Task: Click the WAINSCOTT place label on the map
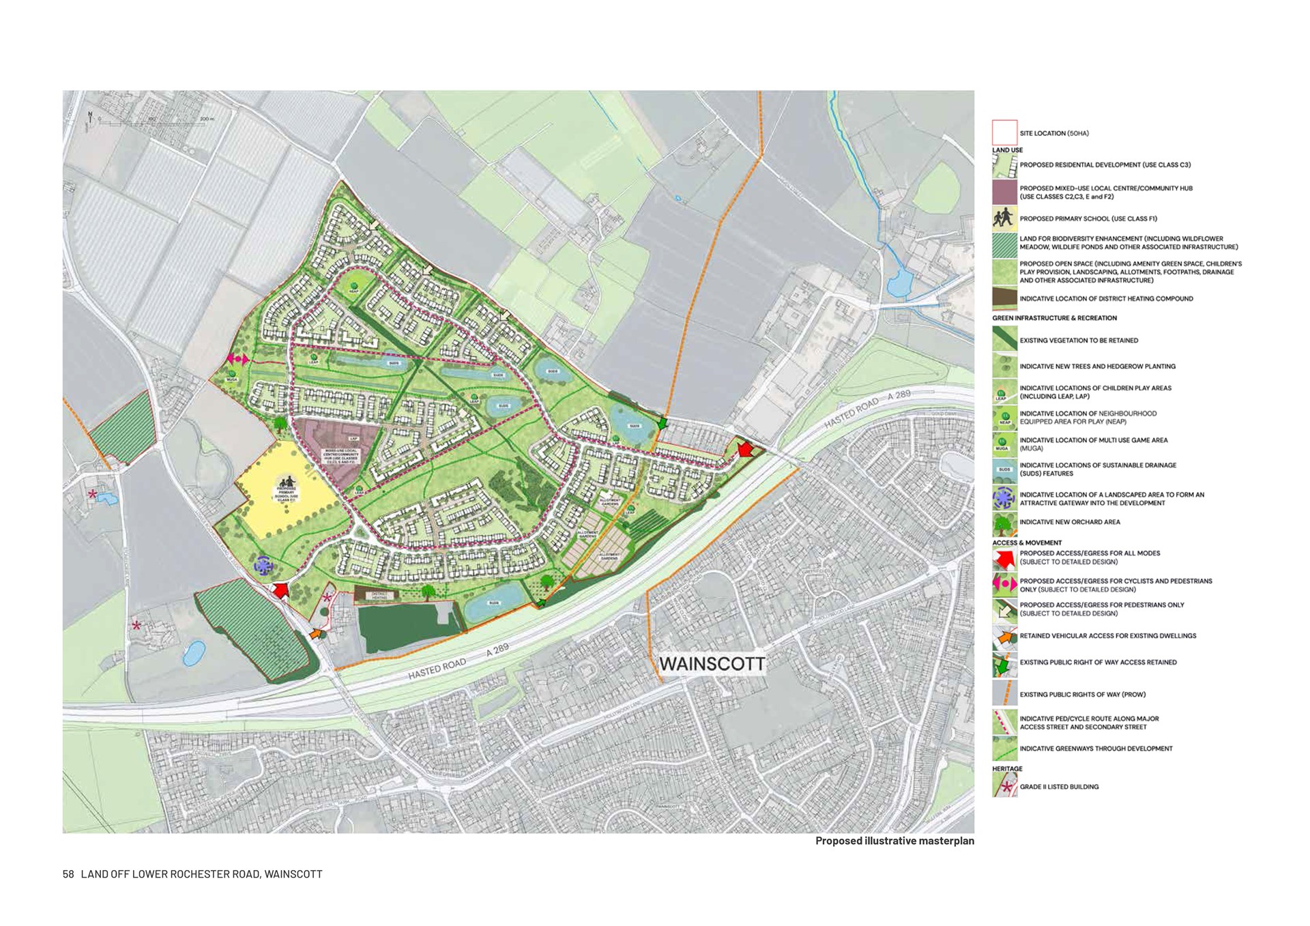click(712, 663)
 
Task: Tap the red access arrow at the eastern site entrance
click(744, 449)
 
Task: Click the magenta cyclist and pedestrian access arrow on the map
click(238, 359)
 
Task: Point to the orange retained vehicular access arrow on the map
click(316, 634)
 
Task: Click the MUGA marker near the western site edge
click(232, 375)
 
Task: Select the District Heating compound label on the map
click(380, 596)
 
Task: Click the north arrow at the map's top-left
click(90, 120)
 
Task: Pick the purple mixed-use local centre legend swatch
click(1004, 192)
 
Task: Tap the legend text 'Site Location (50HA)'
click(1053, 133)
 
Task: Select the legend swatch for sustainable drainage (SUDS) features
click(1004, 470)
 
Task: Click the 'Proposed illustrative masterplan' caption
click(894, 841)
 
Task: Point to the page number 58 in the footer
click(68, 874)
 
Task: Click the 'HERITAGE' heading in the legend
click(1007, 768)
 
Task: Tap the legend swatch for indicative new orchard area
click(1004, 523)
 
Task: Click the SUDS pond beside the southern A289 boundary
click(493, 603)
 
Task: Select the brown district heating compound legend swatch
click(1004, 299)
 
